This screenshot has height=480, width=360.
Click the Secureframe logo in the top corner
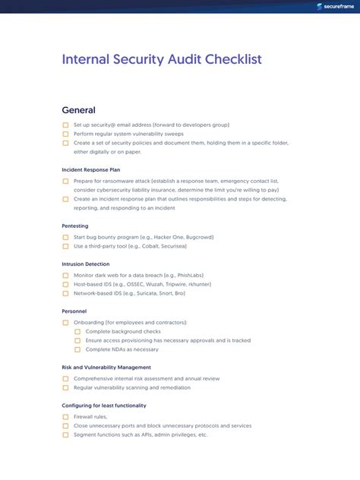[333, 8]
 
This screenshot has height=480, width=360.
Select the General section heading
[78, 110]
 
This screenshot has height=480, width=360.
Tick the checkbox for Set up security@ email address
[65, 125]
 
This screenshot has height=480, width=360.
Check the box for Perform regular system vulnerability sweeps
[65, 134]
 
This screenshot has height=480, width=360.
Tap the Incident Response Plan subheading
[90, 169]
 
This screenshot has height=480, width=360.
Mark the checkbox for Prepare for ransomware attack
[65, 182]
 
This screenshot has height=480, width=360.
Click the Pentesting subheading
[75, 226]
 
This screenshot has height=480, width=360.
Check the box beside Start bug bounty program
[65, 238]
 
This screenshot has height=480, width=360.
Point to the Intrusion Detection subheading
[87, 264]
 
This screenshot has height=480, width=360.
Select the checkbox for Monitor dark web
[65, 275]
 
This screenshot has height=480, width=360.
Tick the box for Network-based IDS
[65, 293]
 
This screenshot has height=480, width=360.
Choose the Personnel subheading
[74, 311]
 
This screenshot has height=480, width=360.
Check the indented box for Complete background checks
[77, 332]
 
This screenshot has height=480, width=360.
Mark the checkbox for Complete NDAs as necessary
[77, 349]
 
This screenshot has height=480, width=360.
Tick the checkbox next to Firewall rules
[65, 417]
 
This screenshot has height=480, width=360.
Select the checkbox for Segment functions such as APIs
[65, 435]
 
